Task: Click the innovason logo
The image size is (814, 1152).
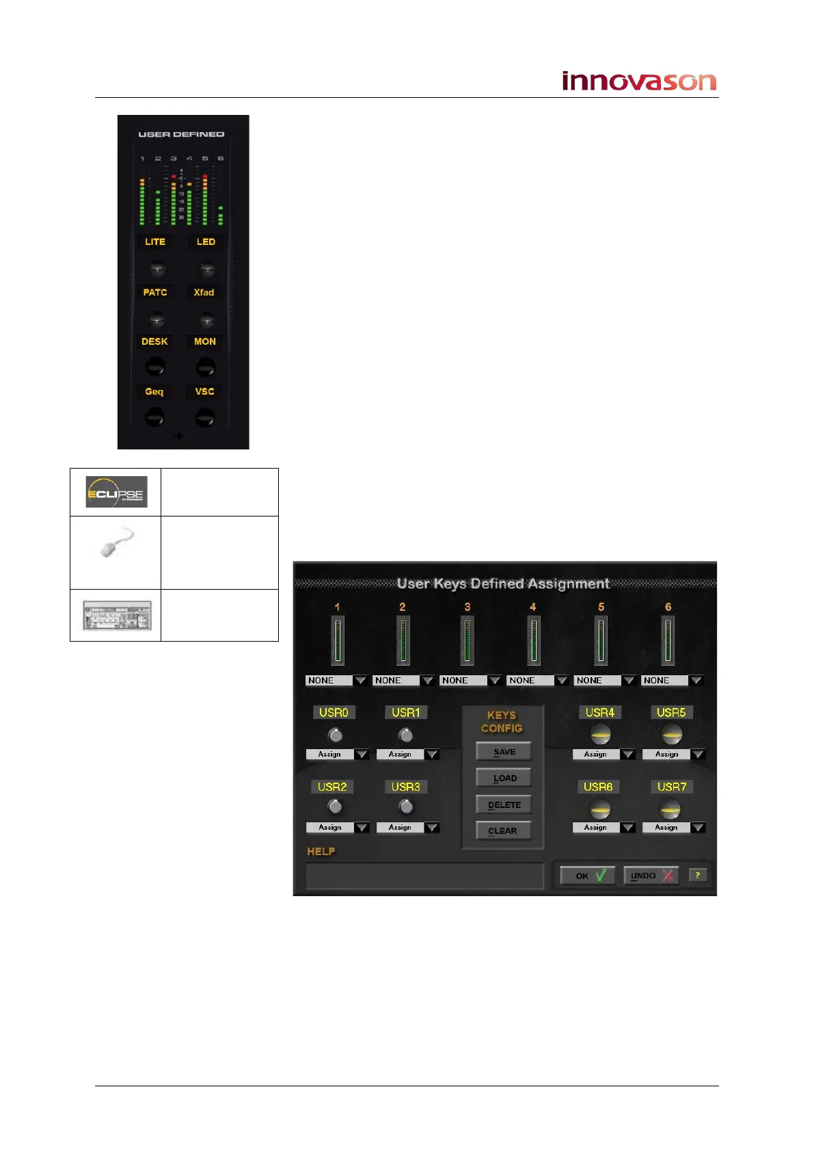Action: coord(638,81)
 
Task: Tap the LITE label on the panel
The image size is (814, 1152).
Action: coord(155,241)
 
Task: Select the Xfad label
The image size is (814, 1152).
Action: coord(204,292)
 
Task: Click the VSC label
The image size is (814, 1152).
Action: coord(204,391)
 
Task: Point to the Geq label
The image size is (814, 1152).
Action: coord(154,392)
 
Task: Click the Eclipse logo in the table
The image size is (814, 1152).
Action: coord(116,492)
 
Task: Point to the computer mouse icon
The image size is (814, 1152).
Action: coord(115,542)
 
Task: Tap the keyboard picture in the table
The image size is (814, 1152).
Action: coord(117,615)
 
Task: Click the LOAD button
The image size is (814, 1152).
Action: coord(504,778)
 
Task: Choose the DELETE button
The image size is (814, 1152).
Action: coord(504,805)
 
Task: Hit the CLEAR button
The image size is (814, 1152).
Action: coord(503,831)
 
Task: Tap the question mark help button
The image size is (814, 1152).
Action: coord(698,875)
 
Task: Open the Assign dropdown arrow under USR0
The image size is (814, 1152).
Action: coord(362,755)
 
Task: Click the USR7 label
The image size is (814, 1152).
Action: coord(671,787)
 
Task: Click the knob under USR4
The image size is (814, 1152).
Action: coord(600,735)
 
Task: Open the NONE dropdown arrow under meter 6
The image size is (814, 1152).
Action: coord(696,681)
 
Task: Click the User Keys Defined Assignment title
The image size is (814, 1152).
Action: coord(503,584)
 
